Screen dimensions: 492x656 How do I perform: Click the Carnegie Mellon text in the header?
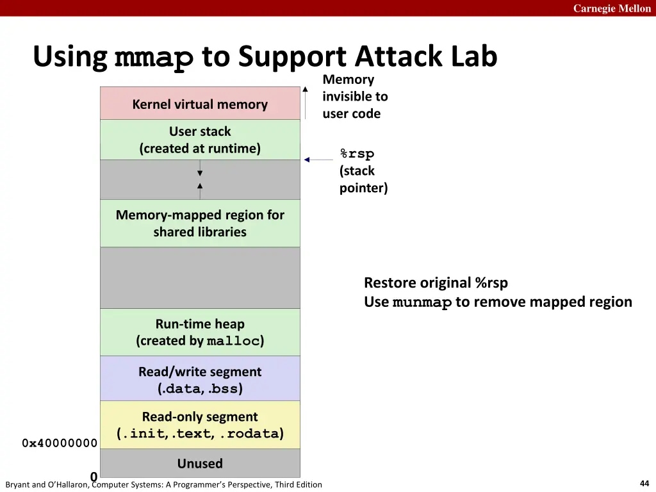[x=612, y=8]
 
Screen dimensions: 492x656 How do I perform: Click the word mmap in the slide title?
[x=154, y=58]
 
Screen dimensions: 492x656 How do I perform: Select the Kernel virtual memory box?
[x=200, y=104]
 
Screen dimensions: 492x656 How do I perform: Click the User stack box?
[x=200, y=140]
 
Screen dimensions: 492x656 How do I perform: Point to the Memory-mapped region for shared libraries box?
[x=200, y=224]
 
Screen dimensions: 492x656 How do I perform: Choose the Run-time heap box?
[x=200, y=332]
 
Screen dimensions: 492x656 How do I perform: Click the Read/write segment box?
[x=200, y=379]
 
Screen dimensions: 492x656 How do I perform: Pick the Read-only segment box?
[x=200, y=425]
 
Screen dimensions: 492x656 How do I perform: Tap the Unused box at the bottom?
[x=200, y=463]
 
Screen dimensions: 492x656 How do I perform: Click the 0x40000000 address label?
[x=60, y=443]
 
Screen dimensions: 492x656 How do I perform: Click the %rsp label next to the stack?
[x=357, y=154]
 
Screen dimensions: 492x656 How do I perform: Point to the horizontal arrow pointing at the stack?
[x=318, y=160]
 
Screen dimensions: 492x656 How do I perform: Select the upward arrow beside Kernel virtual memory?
[x=306, y=102]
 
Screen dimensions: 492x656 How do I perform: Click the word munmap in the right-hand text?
[x=422, y=302]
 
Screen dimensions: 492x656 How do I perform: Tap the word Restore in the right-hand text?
[x=391, y=283]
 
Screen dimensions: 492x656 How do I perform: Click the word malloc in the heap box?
[x=233, y=341]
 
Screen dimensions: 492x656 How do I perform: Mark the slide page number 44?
[x=644, y=484]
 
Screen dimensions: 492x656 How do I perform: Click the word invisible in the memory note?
[x=355, y=97]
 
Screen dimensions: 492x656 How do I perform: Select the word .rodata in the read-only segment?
[x=249, y=434]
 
